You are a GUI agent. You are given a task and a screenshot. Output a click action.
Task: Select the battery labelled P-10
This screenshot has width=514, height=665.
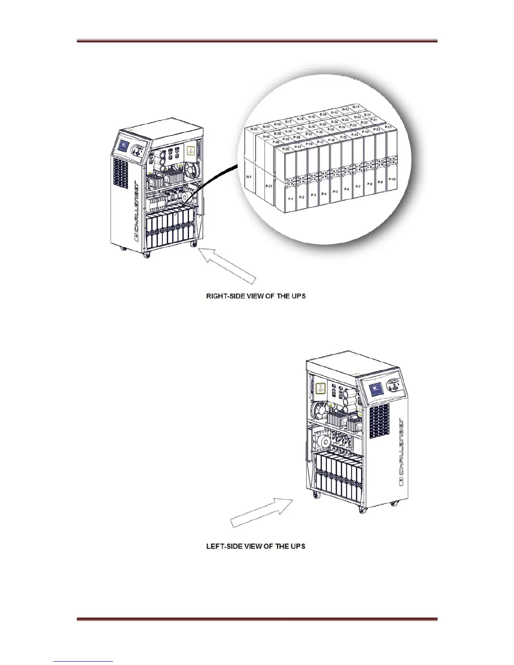[x=392, y=179]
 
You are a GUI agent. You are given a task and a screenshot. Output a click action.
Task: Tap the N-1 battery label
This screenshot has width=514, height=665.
[x=249, y=177]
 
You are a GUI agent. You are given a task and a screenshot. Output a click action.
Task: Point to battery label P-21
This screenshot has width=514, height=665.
[x=269, y=185]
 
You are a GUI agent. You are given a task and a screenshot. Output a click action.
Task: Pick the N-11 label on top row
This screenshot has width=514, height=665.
[x=356, y=107]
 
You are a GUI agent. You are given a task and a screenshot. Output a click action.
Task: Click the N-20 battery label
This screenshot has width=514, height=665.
[x=254, y=129]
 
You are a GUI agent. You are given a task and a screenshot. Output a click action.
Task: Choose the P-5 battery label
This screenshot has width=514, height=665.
[x=335, y=191]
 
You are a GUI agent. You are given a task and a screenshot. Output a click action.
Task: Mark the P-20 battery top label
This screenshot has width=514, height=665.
[x=286, y=149]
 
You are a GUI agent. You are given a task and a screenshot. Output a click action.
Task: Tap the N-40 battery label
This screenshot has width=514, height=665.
[x=266, y=136]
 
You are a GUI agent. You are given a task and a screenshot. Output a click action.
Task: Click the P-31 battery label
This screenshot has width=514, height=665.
[x=373, y=120]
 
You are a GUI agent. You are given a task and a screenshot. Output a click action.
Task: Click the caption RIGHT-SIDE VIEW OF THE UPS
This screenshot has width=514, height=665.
[x=255, y=296]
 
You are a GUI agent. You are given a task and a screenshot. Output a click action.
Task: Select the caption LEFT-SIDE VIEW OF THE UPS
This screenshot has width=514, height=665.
[x=255, y=546]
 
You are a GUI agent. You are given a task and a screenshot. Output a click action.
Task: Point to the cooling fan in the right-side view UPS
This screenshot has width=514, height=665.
[x=192, y=170]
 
